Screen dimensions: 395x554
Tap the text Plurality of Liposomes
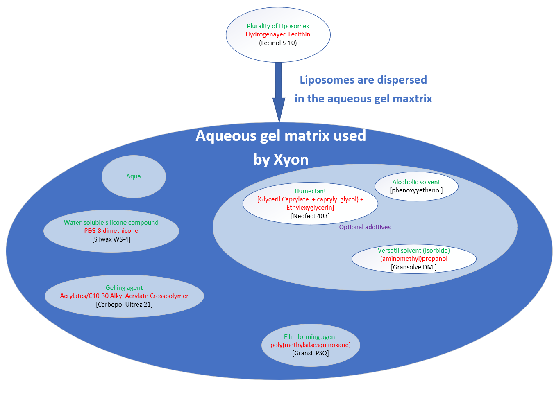pos(278,26)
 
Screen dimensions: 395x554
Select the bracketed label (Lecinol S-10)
pos(278,43)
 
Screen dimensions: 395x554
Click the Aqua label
pos(134,176)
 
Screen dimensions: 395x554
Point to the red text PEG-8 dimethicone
pos(111,231)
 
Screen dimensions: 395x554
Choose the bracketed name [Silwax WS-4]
pos(111,239)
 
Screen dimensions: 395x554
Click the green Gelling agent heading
pos(124,288)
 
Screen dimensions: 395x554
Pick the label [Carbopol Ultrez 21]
pos(124,305)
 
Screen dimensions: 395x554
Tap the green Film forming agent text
pos(311,337)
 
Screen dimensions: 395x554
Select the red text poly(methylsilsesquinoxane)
pos(311,345)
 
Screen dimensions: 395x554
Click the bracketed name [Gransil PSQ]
pos(311,353)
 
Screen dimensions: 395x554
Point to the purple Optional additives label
pos(365,227)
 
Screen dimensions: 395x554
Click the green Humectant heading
pos(310,191)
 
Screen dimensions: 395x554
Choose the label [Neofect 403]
pos(310,216)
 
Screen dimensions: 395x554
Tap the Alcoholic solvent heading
pos(416,182)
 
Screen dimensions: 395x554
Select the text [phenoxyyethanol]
pos(416,190)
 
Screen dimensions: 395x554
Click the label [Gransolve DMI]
pos(414,267)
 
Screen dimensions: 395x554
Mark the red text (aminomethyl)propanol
pos(414,259)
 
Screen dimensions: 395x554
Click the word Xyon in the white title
pos(291,160)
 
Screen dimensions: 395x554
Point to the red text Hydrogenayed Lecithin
pos(278,34)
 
